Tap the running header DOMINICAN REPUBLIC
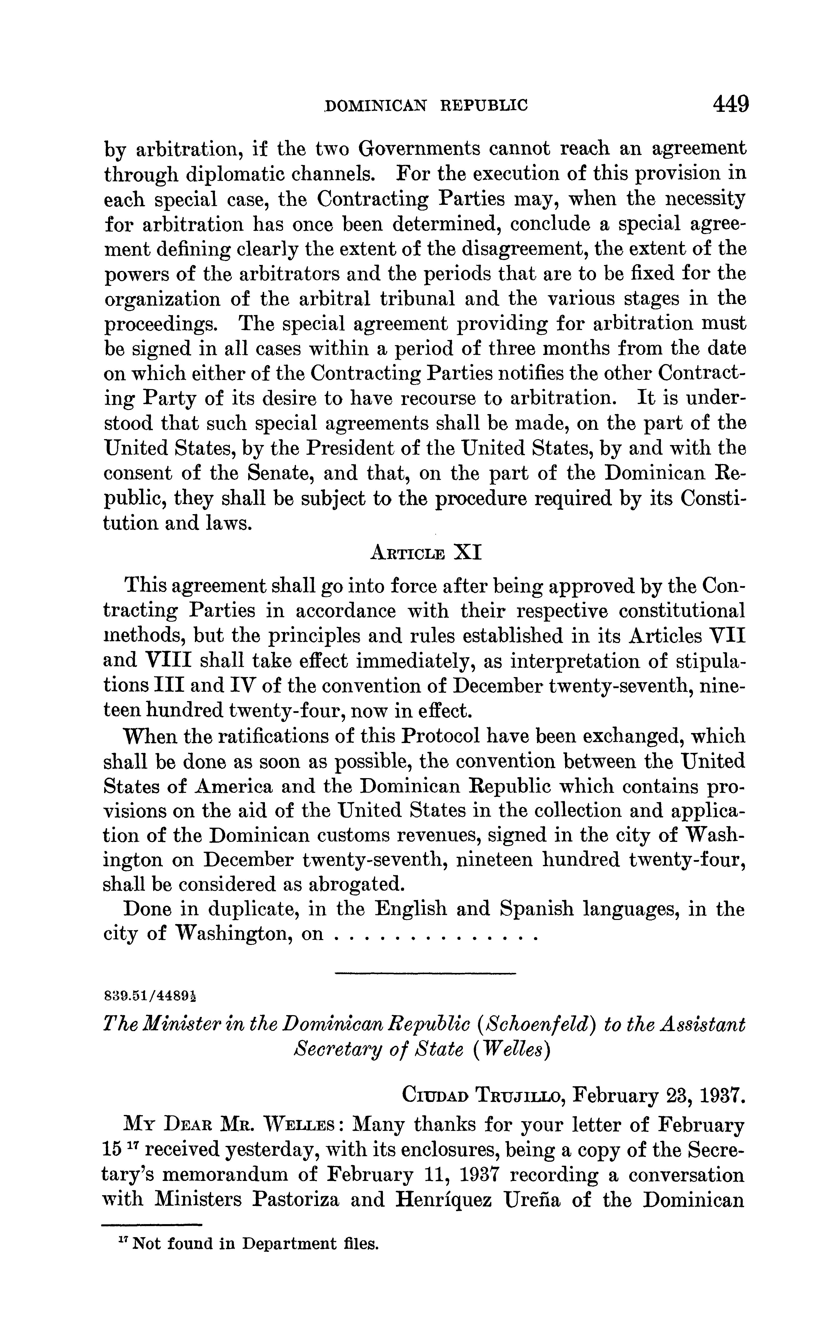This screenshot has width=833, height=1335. [x=426, y=105]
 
